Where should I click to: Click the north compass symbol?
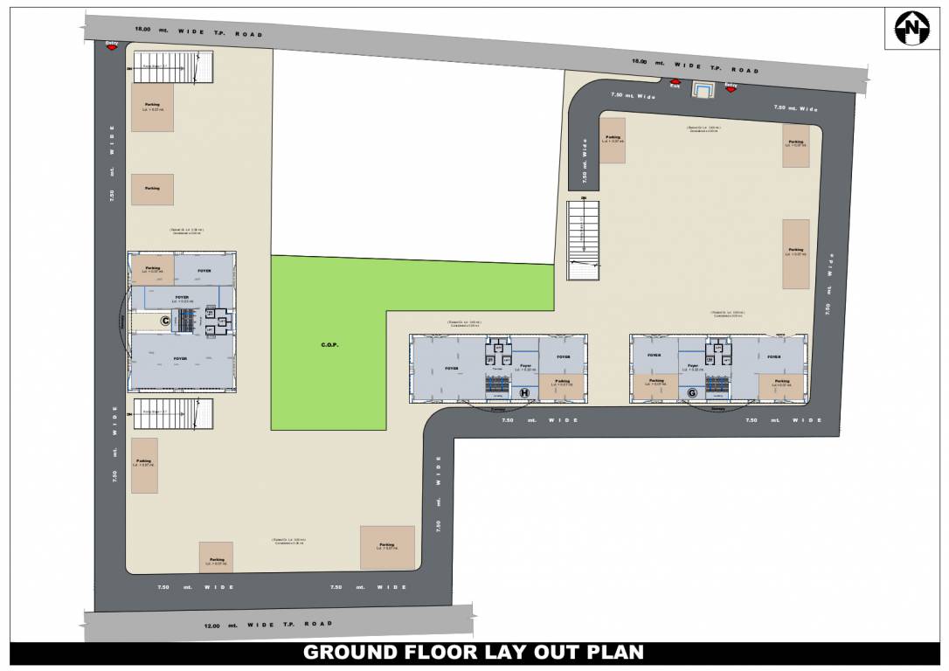pyautogui.click(x=913, y=29)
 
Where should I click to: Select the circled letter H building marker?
pyautogui.click(x=524, y=393)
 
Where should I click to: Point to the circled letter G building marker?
pyautogui.click(x=692, y=393)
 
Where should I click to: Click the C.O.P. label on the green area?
pyautogui.click(x=329, y=345)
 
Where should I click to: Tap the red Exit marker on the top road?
pyautogui.click(x=675, y=85)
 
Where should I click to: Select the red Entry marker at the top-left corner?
pyautogui.click(x=112, y=45)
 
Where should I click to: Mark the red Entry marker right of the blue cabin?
pyautogui.click(x=731, y=87)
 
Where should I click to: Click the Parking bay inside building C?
pyautogui.click(x=152, y=269)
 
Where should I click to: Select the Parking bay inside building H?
pyautogui.click(x=562, y=384)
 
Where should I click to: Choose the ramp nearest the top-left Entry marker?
pyautogui.click(x=173, y=66)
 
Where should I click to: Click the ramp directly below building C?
pyautogui.click(x=174, y=413)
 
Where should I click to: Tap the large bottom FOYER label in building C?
pyautogui.click(x=180, y=359)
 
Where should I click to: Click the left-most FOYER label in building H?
pyautogui.click(x=452, y=369)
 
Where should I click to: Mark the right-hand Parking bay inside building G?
pyautogui.click(x=781, y=384)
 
